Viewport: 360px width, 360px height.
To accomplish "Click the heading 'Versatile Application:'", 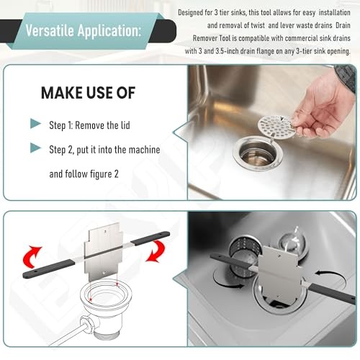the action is pos(83,31).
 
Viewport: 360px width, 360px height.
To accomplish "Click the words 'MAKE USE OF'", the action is pos(88,93).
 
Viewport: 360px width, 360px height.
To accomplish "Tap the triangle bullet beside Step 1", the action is pos(36,123).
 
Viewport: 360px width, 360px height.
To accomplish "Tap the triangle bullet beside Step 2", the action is pos(36,148).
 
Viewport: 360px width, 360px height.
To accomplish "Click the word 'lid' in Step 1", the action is pos(125,125).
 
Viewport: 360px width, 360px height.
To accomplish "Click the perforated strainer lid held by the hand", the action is pos(276,126).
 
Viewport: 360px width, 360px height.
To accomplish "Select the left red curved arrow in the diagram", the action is pos(32,257).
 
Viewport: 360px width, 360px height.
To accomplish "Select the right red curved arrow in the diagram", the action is pos(156,251).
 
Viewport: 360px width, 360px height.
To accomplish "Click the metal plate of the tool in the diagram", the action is pos(104,251).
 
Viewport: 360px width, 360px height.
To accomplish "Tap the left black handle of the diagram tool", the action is pos(48,269).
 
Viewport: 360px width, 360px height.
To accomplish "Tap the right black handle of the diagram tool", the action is pos(150,238).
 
